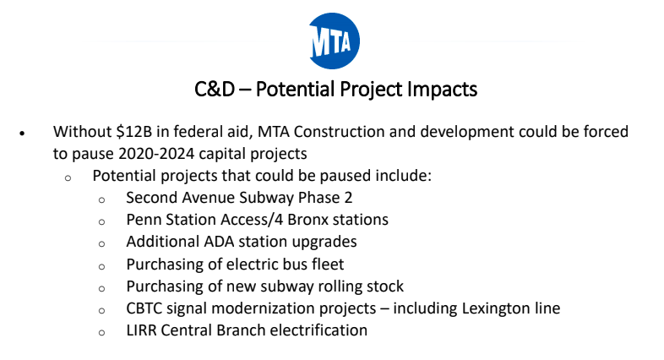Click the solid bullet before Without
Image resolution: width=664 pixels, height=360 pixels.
click(x=24, y=134)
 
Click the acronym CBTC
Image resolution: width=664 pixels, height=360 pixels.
click(x=147, y=308)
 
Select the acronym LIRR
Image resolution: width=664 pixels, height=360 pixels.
click(x=143, y=330)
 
